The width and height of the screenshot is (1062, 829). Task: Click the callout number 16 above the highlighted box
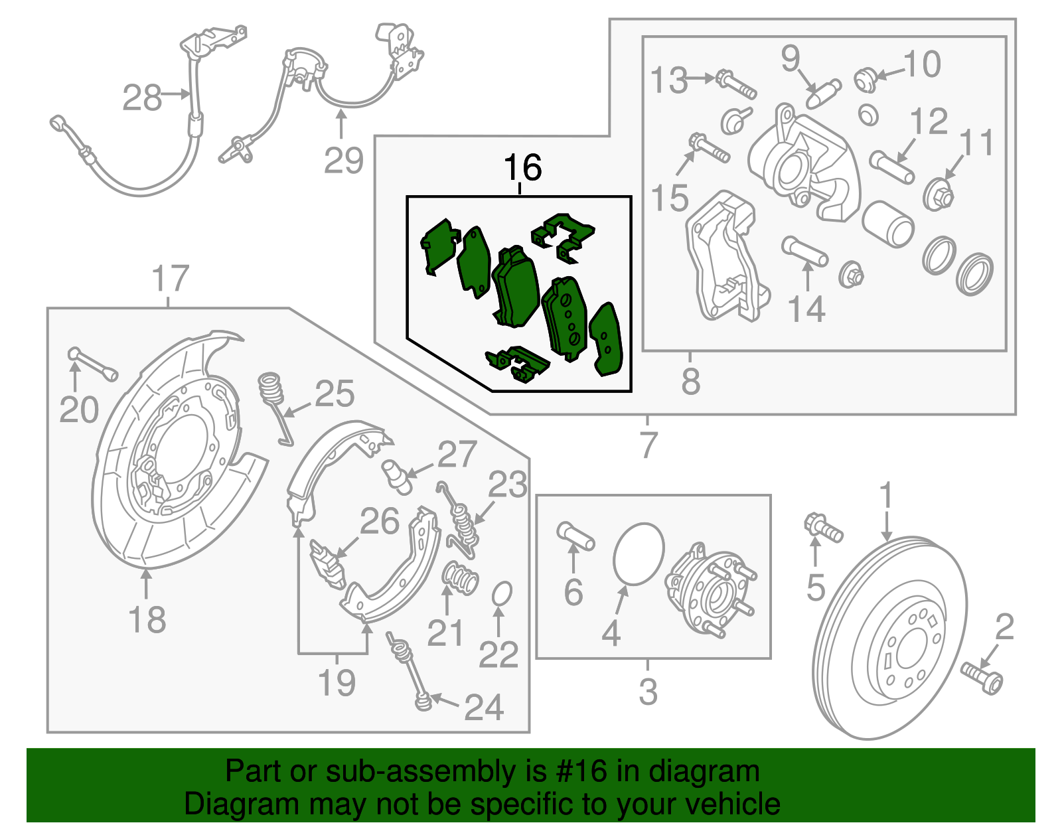522,168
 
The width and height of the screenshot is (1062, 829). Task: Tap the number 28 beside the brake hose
141,98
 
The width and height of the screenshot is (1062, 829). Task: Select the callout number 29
343,161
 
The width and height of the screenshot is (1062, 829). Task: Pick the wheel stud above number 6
575,536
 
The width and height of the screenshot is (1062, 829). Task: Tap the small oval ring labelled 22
502,594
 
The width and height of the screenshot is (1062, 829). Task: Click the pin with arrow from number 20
92,363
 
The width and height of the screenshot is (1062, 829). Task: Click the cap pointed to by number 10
865,78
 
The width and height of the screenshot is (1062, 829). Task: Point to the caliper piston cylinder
888,224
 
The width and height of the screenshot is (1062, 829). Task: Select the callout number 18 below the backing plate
147,620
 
